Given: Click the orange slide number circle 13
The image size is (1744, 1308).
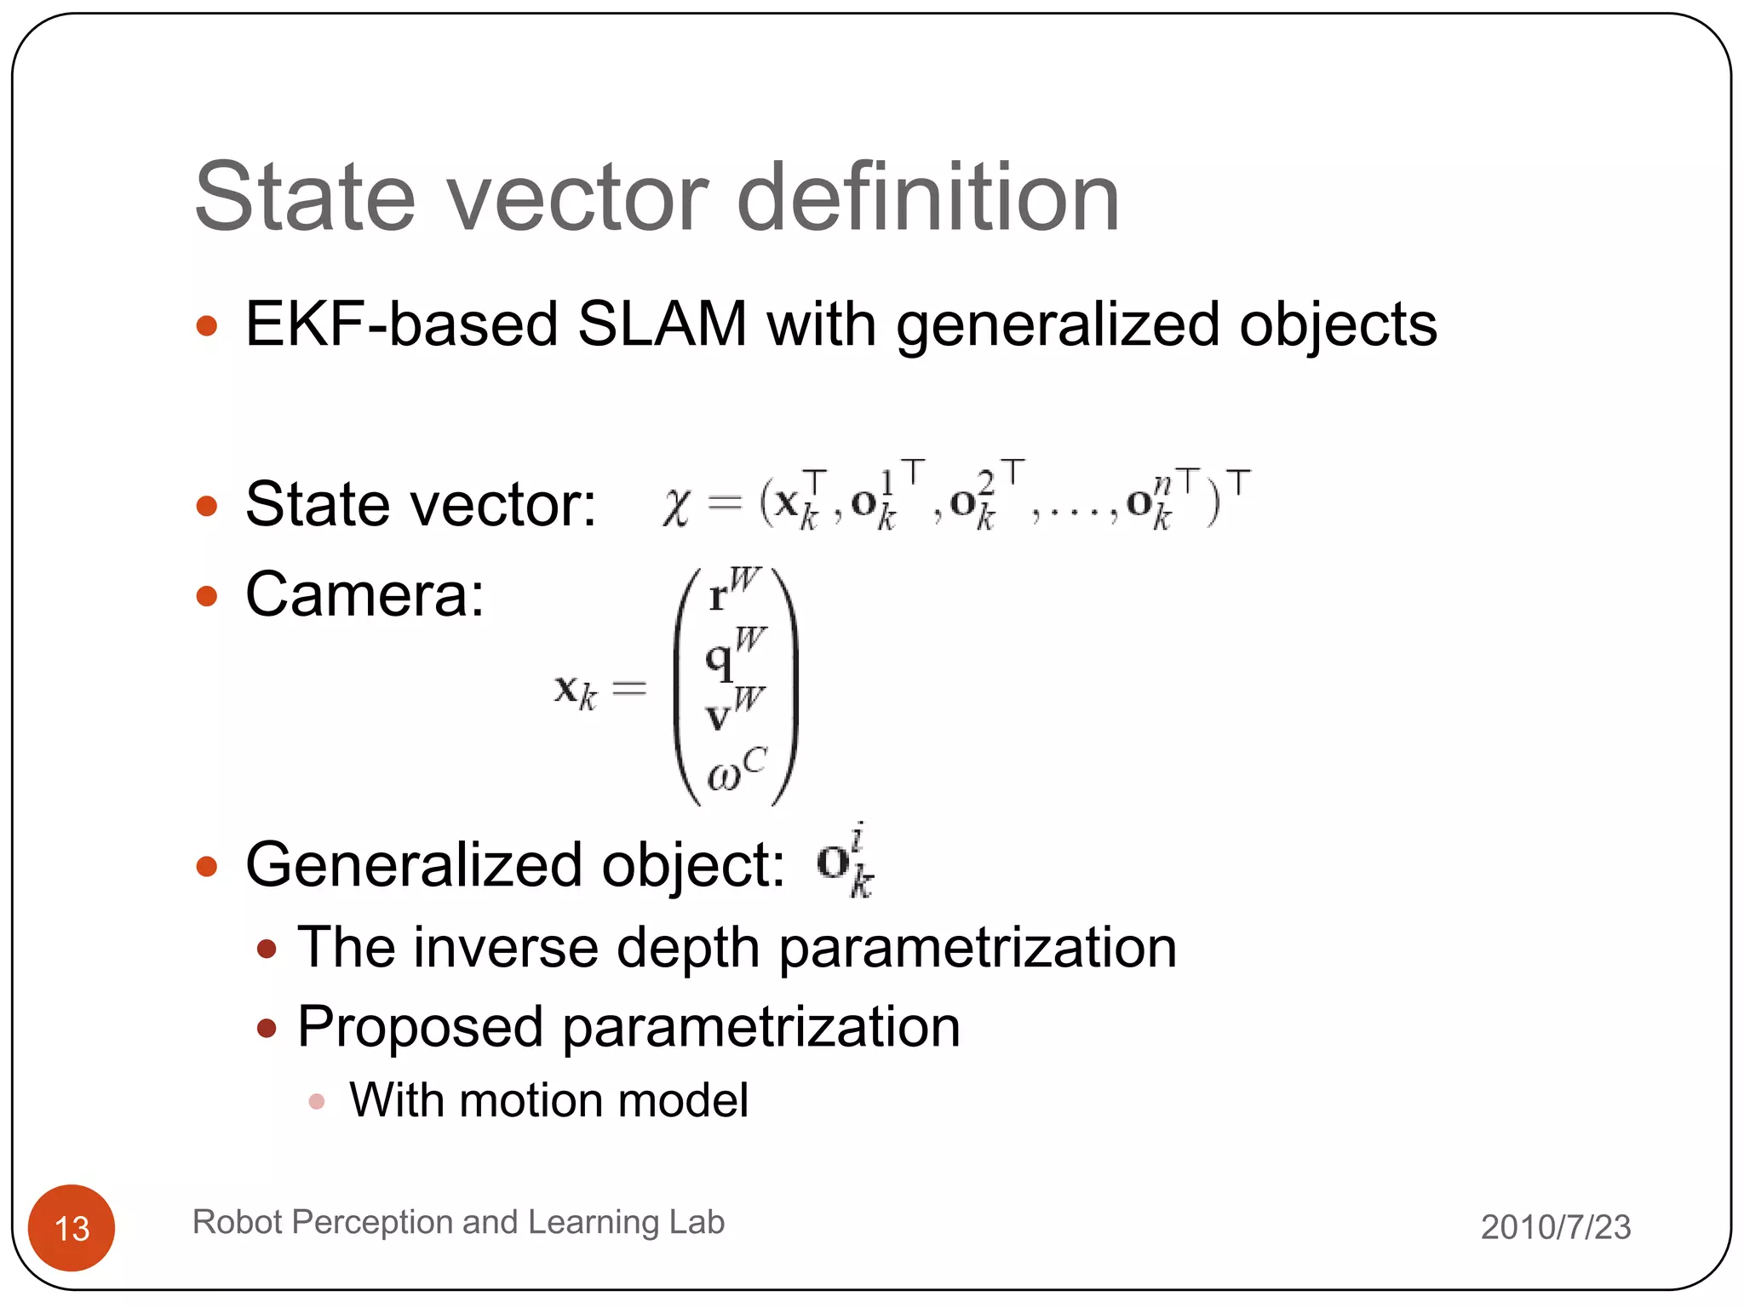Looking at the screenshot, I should click(72, 1227).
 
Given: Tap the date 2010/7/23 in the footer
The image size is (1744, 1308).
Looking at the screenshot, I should click(1555, 1227).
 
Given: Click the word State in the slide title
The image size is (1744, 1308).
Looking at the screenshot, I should click(305, 198).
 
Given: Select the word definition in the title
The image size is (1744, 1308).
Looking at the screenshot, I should click(927, 198).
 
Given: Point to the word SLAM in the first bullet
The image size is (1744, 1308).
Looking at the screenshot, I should click(662, 324).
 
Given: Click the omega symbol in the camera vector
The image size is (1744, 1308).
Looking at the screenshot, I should click(725, 775).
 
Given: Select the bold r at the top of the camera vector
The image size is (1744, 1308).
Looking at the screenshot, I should click(718, 596).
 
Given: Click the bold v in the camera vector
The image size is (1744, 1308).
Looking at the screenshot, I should click(718, 717).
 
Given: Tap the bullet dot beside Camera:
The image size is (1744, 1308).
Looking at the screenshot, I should click(207, 595).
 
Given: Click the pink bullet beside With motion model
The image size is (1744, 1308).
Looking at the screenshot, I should click(317, 1101).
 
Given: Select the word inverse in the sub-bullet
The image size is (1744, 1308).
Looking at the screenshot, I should click(506, 947).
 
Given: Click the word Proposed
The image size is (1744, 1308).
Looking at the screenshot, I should click(420, 1026).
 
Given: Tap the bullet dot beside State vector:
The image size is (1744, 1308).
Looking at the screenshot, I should click(207, 506).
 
